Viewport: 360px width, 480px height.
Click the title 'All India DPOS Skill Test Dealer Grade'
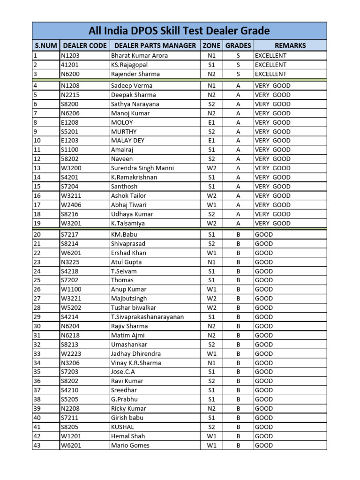(x=180, y=31)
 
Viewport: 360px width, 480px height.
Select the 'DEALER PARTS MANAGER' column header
(x=155, y=45)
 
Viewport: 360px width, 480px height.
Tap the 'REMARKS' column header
(x=290, y=45)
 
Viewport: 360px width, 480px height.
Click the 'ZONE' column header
(x=211, y=45)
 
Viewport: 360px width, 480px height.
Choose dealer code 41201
(x=70, y=65)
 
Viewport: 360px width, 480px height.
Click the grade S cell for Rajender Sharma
(x=238, y=74)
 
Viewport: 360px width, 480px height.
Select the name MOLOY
(x=122, y=122)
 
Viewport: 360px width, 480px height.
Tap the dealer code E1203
(x=70, y=141)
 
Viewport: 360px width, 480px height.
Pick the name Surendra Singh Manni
(x=142, y=168)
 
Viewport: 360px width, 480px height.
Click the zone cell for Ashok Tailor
(x=211, y=196)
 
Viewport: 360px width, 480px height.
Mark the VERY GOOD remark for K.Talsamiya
(x=272, y=224)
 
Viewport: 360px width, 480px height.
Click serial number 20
(x=37, y=234)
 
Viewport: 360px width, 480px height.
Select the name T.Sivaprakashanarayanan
(x=147, y=317)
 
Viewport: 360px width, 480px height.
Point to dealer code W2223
(x=71, y=354)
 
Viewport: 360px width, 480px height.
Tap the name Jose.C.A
(x=123, y=372)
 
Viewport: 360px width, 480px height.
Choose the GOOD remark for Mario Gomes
(x=263, y=445)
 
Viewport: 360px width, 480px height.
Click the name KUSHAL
(x=122, y=427)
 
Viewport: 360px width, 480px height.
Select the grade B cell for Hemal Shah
(x=238, y=436)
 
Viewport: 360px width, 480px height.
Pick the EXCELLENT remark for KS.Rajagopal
(x=270, y=65)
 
